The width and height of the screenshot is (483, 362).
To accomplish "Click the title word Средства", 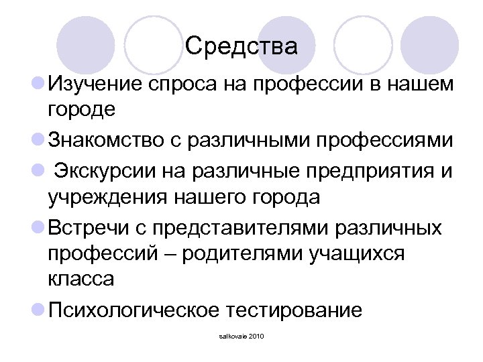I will pos(241,46).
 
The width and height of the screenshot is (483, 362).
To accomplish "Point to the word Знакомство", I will pos(119,141).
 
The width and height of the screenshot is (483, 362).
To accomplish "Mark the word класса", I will pos(80,280).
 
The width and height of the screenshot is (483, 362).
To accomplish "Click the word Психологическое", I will pos(132,310).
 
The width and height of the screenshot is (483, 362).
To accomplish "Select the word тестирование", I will pos(294,310).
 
